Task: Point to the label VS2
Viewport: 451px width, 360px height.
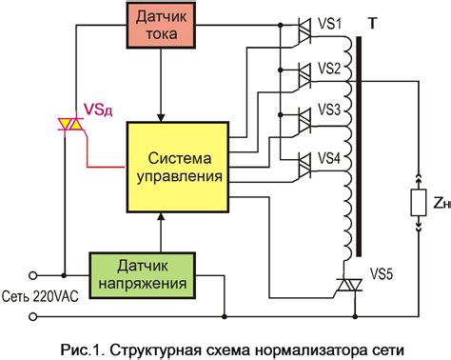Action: point(331,69)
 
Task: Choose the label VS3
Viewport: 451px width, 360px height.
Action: point(331,110)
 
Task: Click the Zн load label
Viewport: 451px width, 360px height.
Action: point(441,203)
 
